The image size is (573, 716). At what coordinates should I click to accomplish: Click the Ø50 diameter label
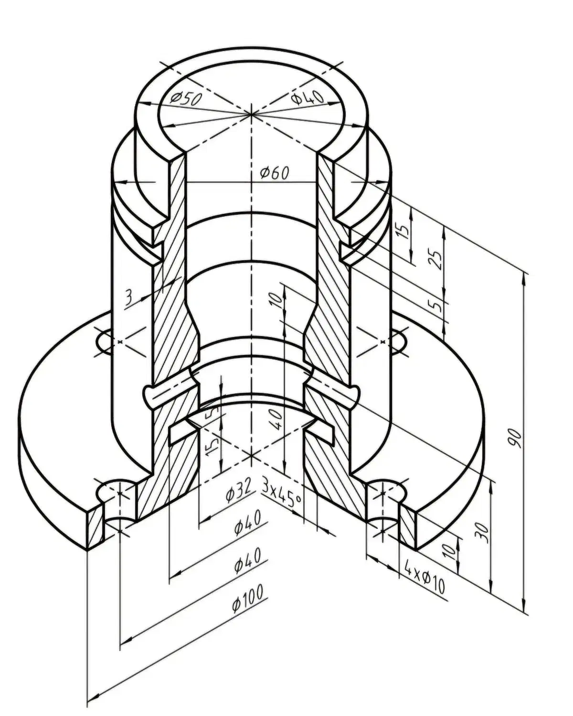186,98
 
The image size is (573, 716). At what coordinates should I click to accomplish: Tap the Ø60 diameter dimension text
275,173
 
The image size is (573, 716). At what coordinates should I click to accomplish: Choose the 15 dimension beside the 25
404,231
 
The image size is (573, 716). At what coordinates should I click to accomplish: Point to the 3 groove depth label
128,298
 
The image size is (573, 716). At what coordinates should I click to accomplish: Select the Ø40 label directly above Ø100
247,559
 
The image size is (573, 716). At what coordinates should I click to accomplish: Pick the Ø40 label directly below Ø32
247,524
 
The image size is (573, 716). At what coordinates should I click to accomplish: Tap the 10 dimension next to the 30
449,551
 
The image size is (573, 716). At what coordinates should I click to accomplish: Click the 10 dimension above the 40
276,300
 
